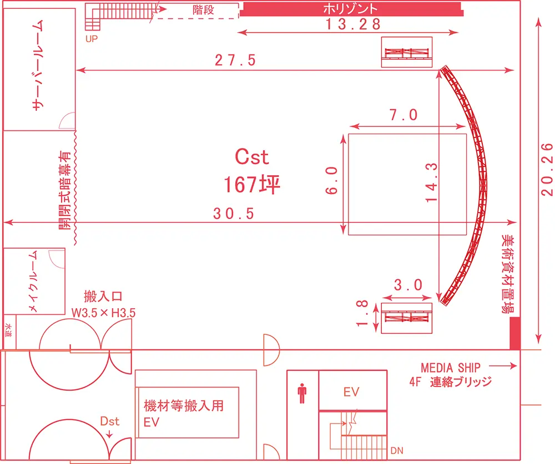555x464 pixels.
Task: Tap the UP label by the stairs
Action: [x=92, y=39]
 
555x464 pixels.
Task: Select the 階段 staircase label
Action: [x=203, y=9]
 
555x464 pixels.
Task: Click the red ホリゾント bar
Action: [x=351, y=9]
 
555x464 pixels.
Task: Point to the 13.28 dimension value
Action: [x=353, y=24]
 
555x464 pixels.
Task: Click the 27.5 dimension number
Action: [x=235, y=60]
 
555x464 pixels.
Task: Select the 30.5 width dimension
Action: [x=234, y=213]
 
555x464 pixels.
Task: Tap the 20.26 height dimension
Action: [x=547, y=170]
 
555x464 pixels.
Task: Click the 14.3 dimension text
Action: [x=431, y=182]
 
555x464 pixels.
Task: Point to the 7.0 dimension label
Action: [x=403, y=115]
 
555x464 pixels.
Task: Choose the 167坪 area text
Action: [x=251, y=184]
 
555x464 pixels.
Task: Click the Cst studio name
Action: [x=252, y=157]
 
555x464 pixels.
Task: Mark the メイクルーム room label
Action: [x=33, y=282]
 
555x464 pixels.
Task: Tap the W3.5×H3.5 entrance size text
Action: [x=103, y=313]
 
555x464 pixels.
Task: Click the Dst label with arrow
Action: [x=110, y=425]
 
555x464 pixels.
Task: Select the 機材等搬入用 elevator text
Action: [x=184, y=406]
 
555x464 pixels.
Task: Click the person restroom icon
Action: [x=302, y=393]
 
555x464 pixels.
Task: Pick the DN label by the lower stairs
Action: [x=397, y=451]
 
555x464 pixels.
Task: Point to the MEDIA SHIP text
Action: [x=451, y=368]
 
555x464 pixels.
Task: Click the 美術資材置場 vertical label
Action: [x=508, y=274]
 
